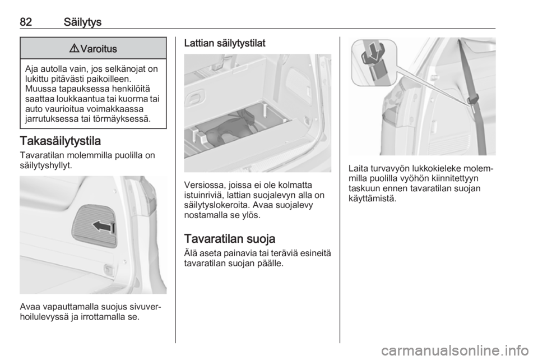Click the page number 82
coord(26,22)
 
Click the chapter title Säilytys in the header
coord(83,22)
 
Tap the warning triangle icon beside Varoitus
coord(75,48)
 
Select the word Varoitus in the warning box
coord(99,49)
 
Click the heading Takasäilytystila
coord(61,141)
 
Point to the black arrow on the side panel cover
coord(103,227)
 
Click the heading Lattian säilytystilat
coord(225,43)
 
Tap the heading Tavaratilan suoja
coord(230,238)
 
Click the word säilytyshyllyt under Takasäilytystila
coord(46,165)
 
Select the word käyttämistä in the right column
coord(372,199)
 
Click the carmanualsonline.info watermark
coord(455,350)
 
